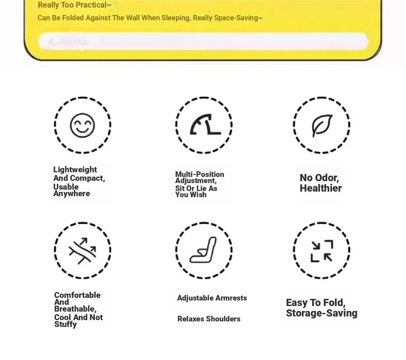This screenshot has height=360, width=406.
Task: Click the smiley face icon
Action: click(x=82, y=125)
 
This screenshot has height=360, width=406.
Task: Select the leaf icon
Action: click(x=322, y=125)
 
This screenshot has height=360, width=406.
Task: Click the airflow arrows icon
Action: click(x=82, y=250)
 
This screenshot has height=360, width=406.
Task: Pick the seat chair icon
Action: click(x=204, y=250)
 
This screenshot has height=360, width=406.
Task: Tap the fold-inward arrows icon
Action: click(x=322, y=251)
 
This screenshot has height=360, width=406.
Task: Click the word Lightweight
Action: click(x=75, y=170)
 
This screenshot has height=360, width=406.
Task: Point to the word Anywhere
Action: click(x=72, y=194)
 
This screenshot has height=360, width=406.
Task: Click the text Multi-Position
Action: click(x=199, y=174)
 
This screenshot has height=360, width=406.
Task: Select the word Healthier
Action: click(x=320, y=188)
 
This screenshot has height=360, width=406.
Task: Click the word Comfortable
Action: click(x=77, y=295)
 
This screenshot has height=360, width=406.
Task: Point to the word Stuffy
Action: click(x=65, y=324)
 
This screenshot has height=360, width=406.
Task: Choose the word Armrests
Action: click(x=231, y=298)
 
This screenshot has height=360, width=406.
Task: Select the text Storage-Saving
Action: click(x=321, y=313)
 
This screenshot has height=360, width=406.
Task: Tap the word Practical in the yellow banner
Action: click(x=90, y=5)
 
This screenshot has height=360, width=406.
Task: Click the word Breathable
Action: click(x=75, y=309)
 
